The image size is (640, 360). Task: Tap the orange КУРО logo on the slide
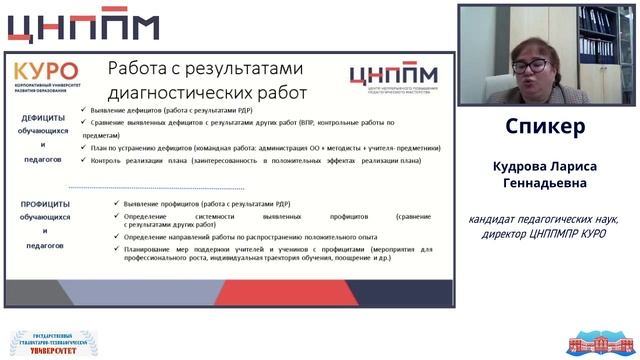point(45,73)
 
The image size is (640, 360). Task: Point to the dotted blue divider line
point(155,188)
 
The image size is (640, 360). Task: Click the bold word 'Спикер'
point(545,128)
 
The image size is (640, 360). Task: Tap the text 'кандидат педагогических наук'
point(545,219)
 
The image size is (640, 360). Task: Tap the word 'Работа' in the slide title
point(142,68)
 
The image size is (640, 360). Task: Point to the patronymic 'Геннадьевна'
point(545,184)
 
